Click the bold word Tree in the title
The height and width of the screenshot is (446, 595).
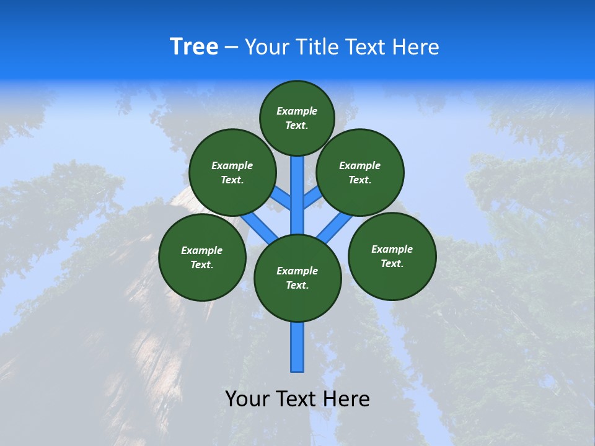pos(194,47)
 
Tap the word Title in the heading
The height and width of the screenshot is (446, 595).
pos(316,47)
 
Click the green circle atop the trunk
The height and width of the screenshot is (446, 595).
pos(297,118)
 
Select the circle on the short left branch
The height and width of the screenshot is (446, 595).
pos(232,172)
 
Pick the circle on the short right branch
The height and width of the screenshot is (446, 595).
pos(360,172)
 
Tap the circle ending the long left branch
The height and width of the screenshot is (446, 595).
pos(202,257)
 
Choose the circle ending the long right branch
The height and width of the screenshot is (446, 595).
pos(392,256)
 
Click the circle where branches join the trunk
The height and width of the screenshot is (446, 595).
pos(297,278)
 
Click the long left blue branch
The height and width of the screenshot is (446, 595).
pos(257,227)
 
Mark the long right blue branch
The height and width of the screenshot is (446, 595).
pos(336,227)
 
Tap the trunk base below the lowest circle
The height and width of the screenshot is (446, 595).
pos(297,347)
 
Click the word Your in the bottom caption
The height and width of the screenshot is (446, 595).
pos(248,399)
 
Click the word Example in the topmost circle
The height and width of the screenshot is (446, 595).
pos(297,111)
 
